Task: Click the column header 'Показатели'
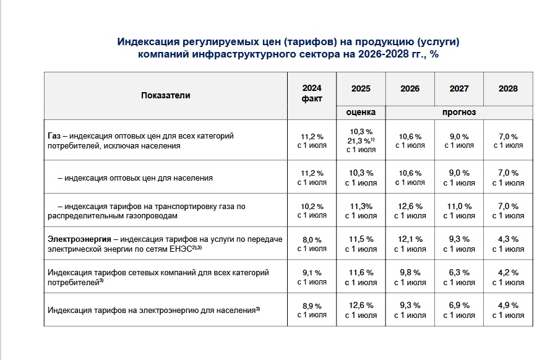pos(166,95)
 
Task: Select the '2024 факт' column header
pos(312,93)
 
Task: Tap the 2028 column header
pos(508,88)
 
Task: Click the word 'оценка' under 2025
pos(361,112)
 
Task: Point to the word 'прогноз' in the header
pos(459,112)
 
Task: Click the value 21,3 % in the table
pos(361,141)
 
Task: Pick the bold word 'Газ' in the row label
pos(54,135)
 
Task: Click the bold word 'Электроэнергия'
pos(80,239)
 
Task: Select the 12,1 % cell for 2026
pos(410,239)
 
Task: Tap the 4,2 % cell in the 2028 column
pos(508,273)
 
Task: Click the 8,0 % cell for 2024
pos(312,240)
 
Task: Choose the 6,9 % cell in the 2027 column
pos(459,305)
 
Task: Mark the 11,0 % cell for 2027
pos(459,206)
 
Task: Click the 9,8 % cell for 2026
pos(410,273)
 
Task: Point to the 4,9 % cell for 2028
pos(508,305)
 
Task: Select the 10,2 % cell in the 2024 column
pos(312,207)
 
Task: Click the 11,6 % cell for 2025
pos(361,273)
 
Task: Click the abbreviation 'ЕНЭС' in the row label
pos(181,249)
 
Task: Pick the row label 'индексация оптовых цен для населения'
pos(139,178)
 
